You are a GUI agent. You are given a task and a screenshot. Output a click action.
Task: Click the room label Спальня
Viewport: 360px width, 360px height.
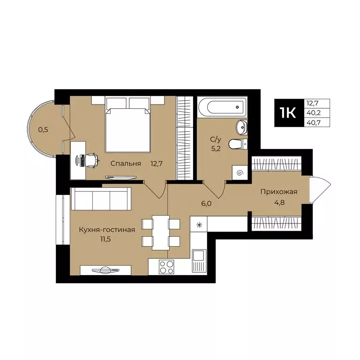(126, 164)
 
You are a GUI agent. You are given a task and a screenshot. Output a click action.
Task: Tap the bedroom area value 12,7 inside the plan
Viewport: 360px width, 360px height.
(157, 164)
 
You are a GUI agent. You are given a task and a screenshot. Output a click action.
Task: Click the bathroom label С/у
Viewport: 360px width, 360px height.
(216, 139)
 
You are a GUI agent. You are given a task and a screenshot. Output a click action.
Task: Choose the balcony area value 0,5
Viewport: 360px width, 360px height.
(43, 130)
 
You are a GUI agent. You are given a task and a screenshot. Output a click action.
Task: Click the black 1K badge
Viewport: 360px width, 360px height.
(288, 113)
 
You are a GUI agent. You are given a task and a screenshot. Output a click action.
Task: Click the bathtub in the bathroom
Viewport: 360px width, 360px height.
(221, 107)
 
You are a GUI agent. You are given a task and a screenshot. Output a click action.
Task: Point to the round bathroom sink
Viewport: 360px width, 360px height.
(241, 126)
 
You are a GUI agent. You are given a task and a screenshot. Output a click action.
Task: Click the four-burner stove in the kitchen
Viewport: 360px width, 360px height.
(166, 267)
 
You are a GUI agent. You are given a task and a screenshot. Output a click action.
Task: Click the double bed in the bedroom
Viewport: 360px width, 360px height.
(127, 125)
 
